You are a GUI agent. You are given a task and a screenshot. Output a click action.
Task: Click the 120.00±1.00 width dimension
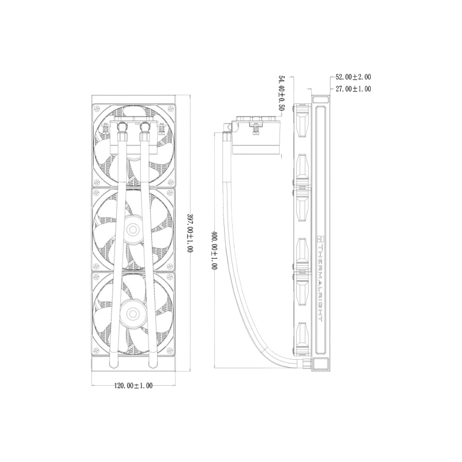click(x=133, y=385)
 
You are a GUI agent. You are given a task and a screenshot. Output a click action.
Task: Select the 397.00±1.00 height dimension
click(x=190, y=233)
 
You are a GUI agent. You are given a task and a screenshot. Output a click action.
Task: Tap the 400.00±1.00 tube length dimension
click(x=214, y=250)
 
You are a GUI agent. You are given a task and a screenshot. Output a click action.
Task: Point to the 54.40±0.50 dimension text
click(x=282, y=93)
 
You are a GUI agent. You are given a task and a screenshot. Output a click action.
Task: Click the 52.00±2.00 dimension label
click(x=353, y=77)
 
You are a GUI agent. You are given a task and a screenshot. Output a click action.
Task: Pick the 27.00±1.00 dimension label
click(x=353, y=89)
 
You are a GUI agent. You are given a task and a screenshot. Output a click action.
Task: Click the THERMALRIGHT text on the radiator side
click(x=321, y=283)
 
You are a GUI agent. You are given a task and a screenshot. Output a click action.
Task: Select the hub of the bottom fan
click(x=133, y=314)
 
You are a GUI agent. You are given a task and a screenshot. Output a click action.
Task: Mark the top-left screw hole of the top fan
click(x=96, y=109)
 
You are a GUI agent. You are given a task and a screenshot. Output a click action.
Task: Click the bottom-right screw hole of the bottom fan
click(x=169, y=351)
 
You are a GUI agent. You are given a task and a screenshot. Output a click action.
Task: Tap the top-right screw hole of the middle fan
click(x=169, y=193)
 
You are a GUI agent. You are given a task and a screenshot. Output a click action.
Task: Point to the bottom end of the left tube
click(x=113, y=366)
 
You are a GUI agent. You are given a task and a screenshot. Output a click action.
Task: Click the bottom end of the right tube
click(x=152, y=366)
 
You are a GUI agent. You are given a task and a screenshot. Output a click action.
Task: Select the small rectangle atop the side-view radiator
click(x=321, y=99)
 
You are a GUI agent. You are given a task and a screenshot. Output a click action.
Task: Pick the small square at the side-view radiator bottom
click(x=321, y=364)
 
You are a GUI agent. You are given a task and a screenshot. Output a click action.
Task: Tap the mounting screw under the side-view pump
click(x=256, y=129)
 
